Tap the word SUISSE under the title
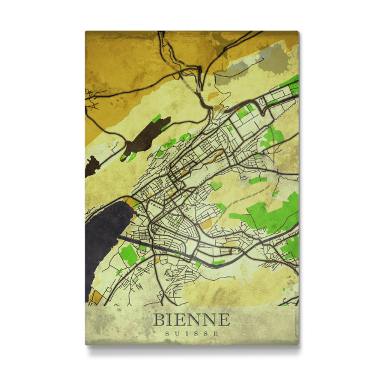coord(191,334)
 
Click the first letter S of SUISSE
coord(167,334)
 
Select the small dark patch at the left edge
coord(90,167)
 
